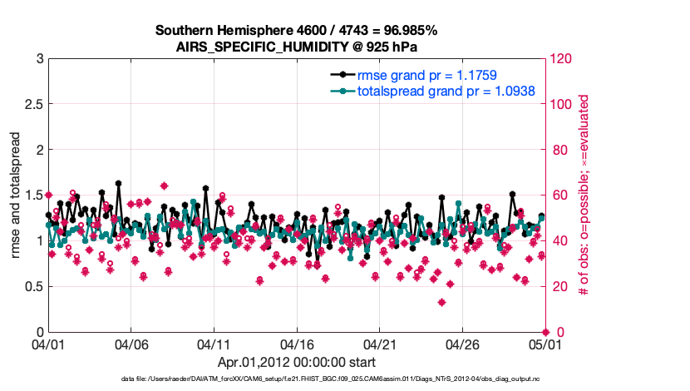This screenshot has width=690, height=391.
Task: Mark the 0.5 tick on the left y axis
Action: point(32,287)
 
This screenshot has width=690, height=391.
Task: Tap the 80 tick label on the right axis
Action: point(559,151)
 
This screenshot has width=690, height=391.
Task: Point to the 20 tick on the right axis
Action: point(559,287)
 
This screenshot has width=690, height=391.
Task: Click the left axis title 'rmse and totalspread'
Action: point(16,195)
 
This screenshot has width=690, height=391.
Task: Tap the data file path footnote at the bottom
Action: point(344,379)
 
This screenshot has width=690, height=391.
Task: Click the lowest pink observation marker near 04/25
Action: point(441,302)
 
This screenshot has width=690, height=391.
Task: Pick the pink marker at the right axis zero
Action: point(545,332)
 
